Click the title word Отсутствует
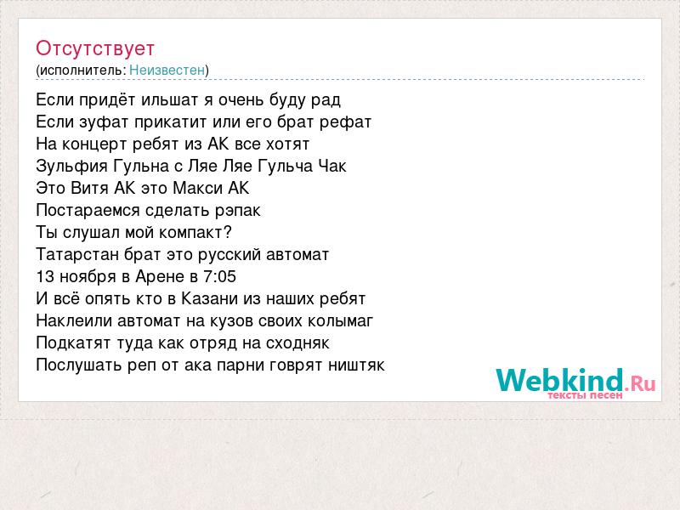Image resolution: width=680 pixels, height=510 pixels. coord(95,48)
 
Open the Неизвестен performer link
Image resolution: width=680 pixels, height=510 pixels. coord(167,70)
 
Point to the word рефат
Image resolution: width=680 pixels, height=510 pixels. coord(346,122)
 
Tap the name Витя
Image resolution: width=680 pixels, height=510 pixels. coord(90,188)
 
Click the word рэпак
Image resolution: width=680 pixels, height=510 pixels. coord(238,211)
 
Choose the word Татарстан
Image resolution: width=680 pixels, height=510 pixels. coord(77,254)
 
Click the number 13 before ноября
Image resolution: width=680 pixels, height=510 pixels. coord(45,277)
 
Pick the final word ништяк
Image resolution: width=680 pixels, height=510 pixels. coord(356,365)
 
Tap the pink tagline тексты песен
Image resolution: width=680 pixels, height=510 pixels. coord(585,395)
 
